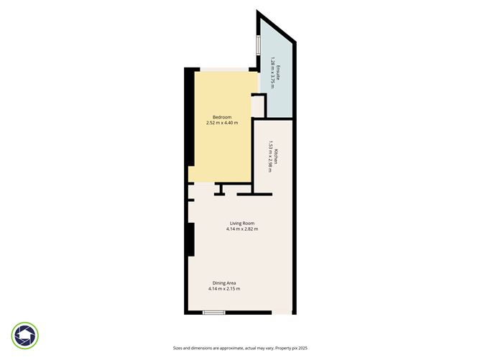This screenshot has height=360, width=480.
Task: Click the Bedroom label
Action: [x=221, y=117]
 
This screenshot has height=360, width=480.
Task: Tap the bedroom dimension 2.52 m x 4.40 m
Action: [x=221, y=123]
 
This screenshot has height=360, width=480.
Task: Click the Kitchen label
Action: [x=275, y=157]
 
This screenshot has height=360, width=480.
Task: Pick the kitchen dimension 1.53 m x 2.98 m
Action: [x=269, y=157]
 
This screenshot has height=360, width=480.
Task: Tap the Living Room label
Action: [x=241, y=223]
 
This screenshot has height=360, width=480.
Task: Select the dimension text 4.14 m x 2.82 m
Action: [x=241, y=229]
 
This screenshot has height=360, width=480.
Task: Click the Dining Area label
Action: [x=223, y=282]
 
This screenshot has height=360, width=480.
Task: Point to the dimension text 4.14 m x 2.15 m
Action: [x=223, y=289]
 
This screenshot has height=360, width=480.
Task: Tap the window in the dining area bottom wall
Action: [x=213, y=312]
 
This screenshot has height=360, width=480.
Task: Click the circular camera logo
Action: [x=26, y=335]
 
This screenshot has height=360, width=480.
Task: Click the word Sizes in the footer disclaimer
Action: [x=178, y=347]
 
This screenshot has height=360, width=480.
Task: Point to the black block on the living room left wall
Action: [x=190, y=239]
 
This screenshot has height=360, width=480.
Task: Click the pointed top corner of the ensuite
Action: [x=259, y=12]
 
